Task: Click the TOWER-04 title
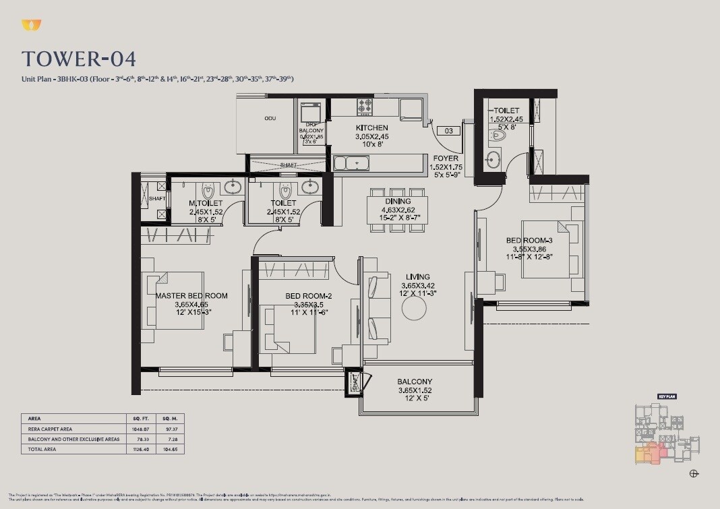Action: pos(79,59)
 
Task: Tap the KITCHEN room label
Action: pos(371,128)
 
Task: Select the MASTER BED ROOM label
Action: pos(191,295)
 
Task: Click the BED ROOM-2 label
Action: pos(308,296)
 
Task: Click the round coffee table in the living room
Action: pos(414,309)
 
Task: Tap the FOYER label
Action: pos(446,159)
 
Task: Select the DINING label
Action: pos(398,201)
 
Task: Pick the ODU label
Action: pos(270,119)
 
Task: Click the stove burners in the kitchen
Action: pos(365,106)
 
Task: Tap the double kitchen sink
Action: pos(351,162)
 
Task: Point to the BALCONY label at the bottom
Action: pos(415,382)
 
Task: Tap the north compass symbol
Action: pos(694,474)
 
